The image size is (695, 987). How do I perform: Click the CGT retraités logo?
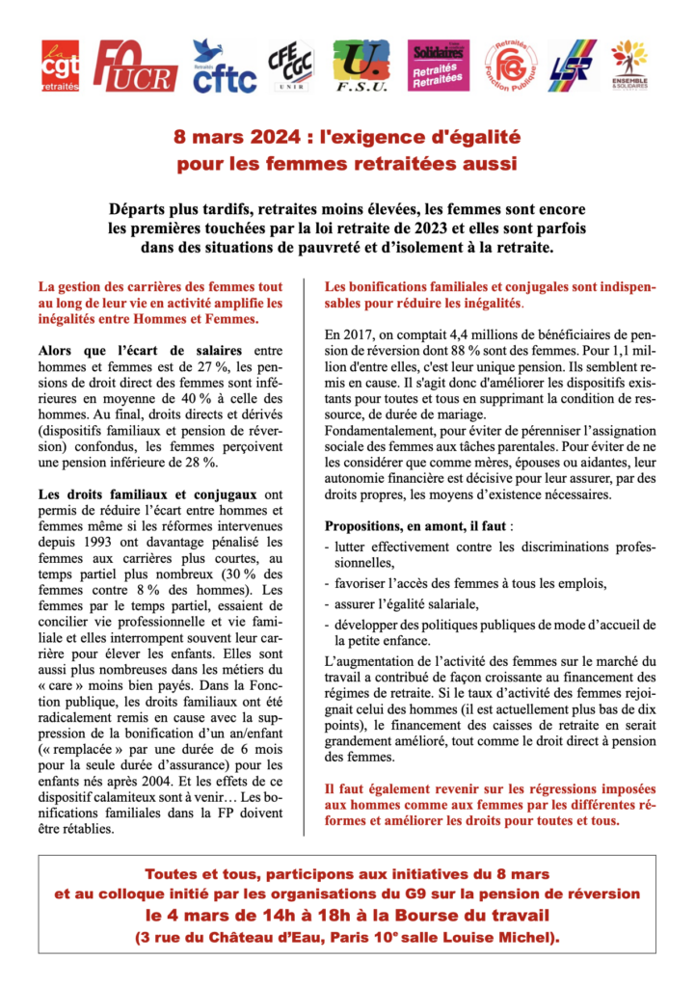tap(62, 66)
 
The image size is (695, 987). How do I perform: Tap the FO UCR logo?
tap(135, 67)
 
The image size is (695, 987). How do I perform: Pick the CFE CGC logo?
tap(289, 67)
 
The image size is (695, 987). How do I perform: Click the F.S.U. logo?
tap(361, 67)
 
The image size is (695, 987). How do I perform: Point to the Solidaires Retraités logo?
tap(439, 67)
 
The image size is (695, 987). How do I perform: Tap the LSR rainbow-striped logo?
tap(573, 67)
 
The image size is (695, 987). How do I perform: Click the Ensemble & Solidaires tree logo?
tap(629, 67)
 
